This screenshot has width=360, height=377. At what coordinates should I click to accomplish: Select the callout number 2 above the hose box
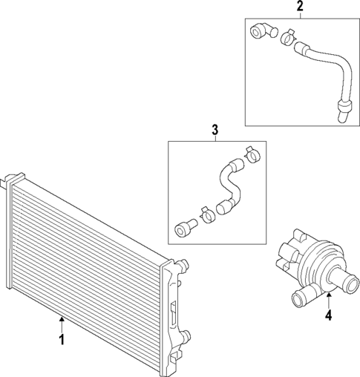tap(299, 7)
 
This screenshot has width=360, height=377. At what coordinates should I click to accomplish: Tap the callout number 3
tap(215, 131)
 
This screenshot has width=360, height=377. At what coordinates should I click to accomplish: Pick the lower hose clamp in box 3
tap(206, 214)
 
